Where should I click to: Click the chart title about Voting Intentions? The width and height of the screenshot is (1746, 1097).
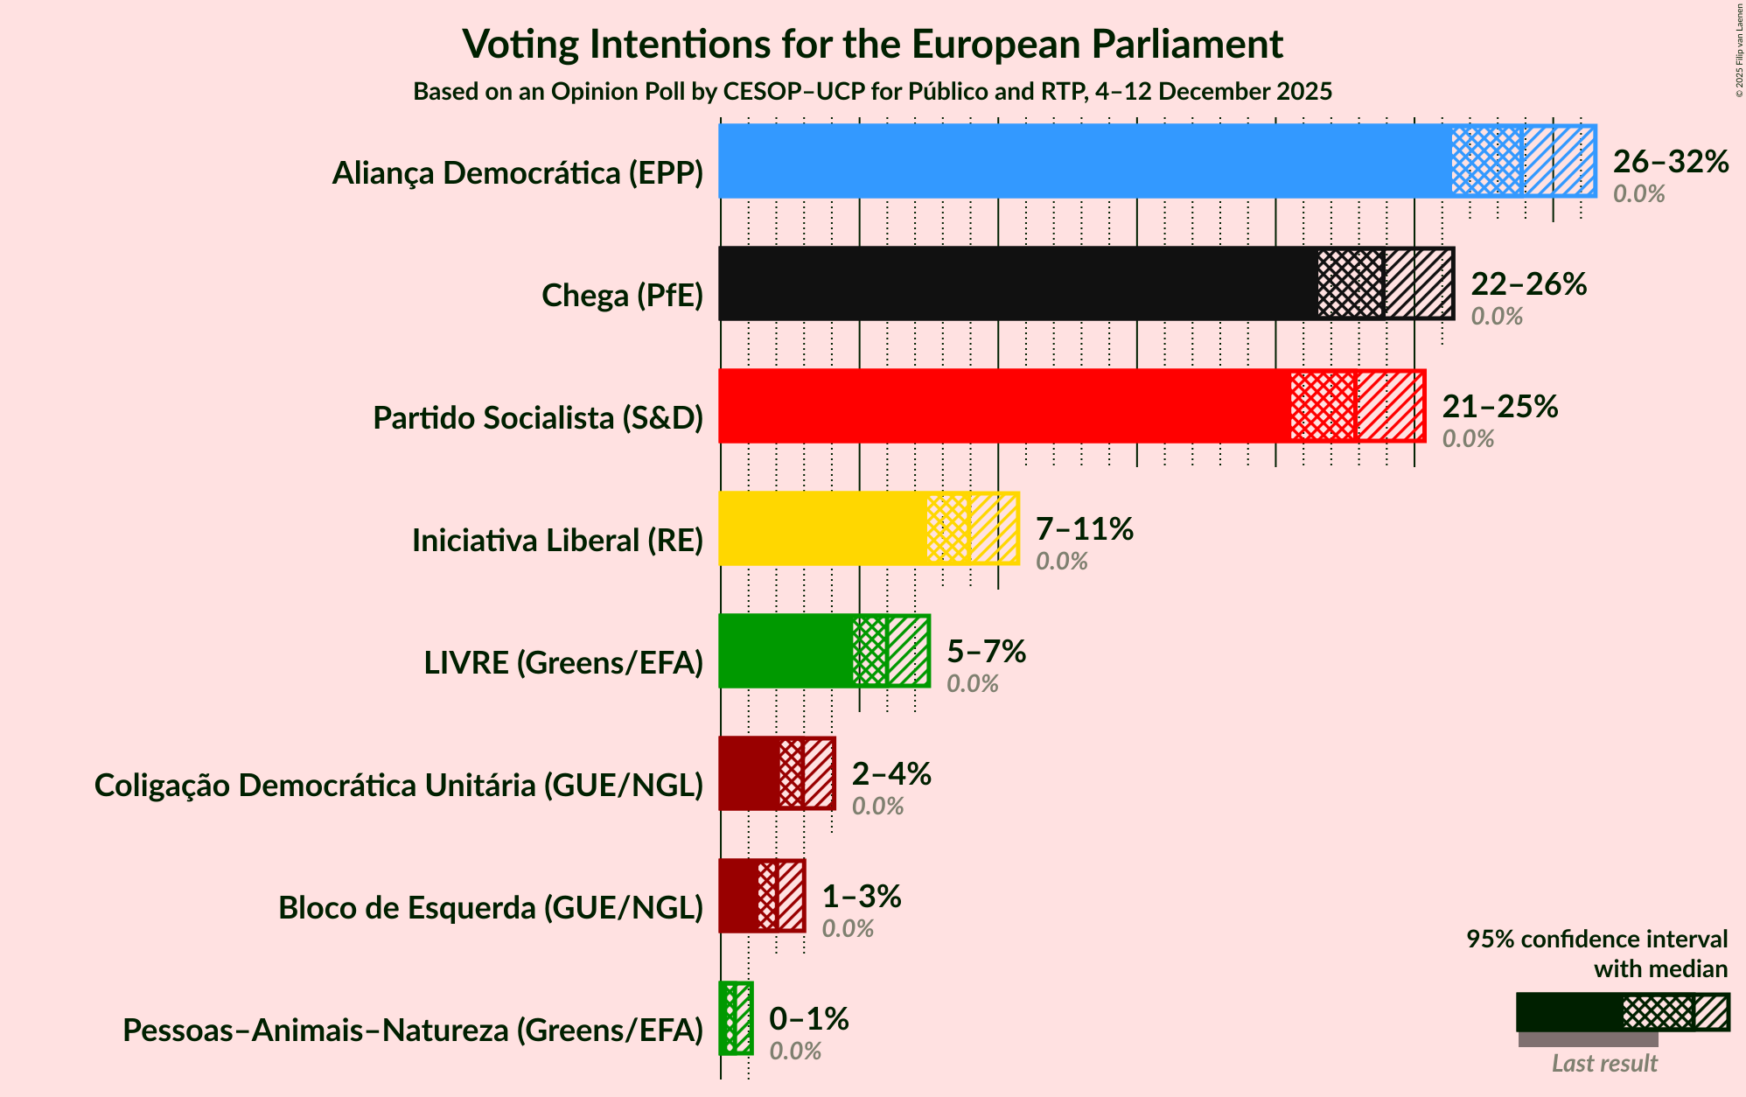point(872,44)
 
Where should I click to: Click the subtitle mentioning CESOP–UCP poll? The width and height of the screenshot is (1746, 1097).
point(872,92)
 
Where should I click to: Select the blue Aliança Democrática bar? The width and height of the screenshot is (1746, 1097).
point(1085,161)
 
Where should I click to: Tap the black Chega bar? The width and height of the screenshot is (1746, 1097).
point(1015,283)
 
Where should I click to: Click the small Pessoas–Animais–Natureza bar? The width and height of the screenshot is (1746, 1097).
point(735,1018)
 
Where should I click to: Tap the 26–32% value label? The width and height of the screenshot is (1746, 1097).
point(1671,162)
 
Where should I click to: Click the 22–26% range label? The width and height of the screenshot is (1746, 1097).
point(1528,284)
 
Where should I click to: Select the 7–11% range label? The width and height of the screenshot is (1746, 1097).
point(1084,529)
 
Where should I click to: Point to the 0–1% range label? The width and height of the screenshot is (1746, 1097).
point(808,1019)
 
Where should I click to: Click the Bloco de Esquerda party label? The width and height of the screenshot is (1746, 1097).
point(491,908)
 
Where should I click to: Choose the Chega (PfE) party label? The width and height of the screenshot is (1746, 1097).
point(622,296)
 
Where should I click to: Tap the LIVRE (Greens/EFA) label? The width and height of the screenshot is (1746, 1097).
point(563,663)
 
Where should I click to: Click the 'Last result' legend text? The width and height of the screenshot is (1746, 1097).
point(1604,1064)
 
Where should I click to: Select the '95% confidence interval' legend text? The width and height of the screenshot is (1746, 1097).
point(1596,940)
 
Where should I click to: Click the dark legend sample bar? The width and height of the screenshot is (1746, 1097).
point(1569,1012)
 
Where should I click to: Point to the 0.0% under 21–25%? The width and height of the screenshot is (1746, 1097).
point(1468,439)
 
